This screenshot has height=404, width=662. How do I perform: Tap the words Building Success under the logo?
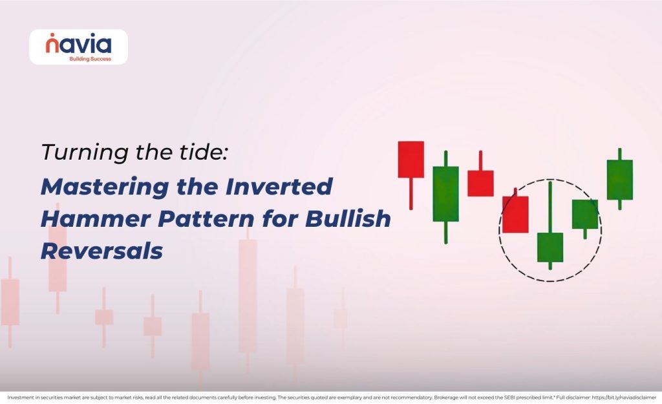[90, 58]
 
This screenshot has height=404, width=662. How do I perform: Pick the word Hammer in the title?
[87, 219]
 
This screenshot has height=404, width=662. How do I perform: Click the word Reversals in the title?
[101, 251]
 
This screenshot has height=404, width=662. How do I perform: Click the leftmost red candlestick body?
[411, 159]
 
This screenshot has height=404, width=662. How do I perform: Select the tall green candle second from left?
[445, 193]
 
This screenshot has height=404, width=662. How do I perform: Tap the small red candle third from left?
[480, 183]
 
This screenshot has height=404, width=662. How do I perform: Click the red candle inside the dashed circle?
[515, 214]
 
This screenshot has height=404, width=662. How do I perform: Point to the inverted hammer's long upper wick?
[550, 207]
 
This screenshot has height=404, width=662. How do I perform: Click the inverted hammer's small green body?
[550, 247]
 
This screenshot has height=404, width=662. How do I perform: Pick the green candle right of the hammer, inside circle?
[585, 214]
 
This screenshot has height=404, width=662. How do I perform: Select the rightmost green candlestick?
[619, 179]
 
